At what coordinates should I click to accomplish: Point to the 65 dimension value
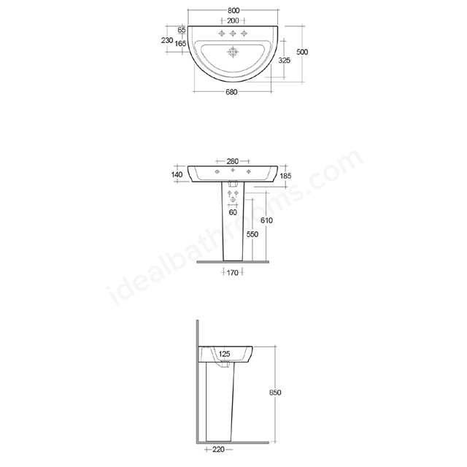tap(180, 30)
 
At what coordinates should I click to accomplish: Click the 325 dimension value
tap(285, 61)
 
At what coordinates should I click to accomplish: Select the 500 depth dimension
tap(302, 52)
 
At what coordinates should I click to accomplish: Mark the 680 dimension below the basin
tap(231, 92)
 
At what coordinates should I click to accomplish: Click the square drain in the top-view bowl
tap(233, 53)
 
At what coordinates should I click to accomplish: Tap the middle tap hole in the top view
tap(233, 34)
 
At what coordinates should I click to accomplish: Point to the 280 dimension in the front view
tap(233, 161)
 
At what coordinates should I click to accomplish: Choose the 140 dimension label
tap(177, 174)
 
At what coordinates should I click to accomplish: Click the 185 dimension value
tap(285, 176)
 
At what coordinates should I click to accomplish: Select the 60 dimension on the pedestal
tap(233, 213)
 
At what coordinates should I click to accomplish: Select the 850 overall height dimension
tap(275, 393)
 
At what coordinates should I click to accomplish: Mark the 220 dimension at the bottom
tap(217, 449)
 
